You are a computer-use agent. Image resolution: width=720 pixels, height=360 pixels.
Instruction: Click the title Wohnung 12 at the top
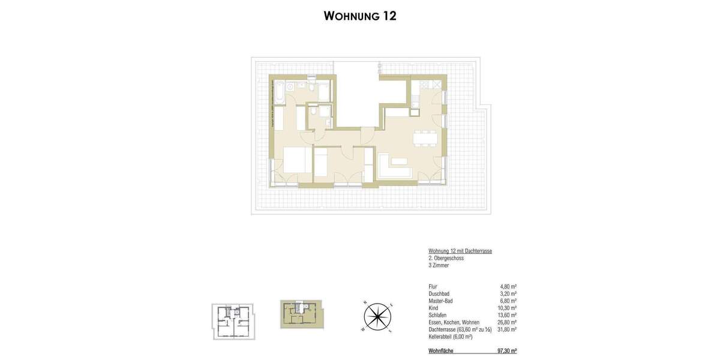point(360,16)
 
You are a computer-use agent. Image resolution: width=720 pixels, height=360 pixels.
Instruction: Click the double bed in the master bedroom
point(296,160)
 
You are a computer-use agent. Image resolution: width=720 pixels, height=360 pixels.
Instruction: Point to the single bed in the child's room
point(322,164)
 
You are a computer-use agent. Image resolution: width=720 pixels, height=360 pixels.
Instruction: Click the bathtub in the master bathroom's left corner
point(279,91)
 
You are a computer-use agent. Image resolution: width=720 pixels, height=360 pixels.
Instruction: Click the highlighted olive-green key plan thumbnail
point(301,314)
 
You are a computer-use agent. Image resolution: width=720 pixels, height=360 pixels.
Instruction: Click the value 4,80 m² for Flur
point(508,287)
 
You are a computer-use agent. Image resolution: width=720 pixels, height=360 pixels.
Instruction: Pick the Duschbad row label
point(439,294)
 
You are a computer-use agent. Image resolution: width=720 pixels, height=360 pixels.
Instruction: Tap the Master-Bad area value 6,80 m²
point(508,301)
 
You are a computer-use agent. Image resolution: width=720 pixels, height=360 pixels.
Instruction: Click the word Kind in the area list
point(433,308)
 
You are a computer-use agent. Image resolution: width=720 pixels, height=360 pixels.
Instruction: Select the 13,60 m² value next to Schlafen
point(507,316)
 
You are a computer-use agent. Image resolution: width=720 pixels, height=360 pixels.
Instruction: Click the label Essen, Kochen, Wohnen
point(454,323)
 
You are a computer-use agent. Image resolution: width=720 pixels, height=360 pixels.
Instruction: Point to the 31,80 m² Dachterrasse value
point(507,329)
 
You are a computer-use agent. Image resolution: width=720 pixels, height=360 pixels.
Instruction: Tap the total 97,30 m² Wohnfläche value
point(507,351)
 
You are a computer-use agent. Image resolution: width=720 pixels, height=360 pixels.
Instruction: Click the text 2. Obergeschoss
point(446,258)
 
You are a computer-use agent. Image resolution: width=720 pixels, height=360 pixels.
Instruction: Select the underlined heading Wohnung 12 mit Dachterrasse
point(460,251)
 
